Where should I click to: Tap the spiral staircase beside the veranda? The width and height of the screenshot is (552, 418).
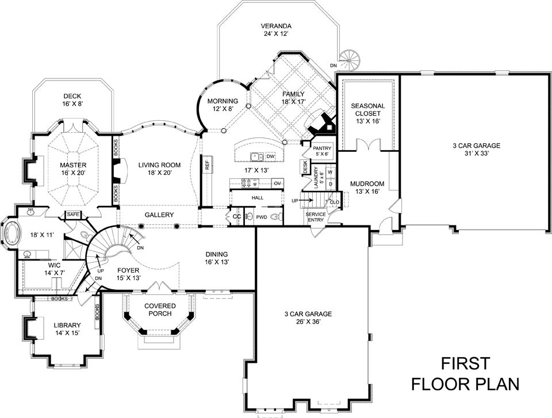pos(348,58)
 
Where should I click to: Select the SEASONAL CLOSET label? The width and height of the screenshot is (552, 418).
pos(368,109)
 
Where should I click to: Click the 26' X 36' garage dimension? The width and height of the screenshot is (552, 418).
pos(308,322)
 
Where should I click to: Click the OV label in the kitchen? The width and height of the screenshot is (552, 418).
pos(277,183)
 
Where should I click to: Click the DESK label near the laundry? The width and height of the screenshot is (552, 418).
pos(305,167)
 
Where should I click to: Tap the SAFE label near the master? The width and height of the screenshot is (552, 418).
pos(73,214)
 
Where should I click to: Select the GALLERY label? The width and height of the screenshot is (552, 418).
pos(159,214)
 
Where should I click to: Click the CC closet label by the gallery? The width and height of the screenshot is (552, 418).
pos(236,217)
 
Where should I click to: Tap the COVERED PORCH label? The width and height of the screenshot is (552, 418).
pos(160,309)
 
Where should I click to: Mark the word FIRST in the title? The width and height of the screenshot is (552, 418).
pos(465,363)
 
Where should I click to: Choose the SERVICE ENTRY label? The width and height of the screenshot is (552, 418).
pos(317,216)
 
